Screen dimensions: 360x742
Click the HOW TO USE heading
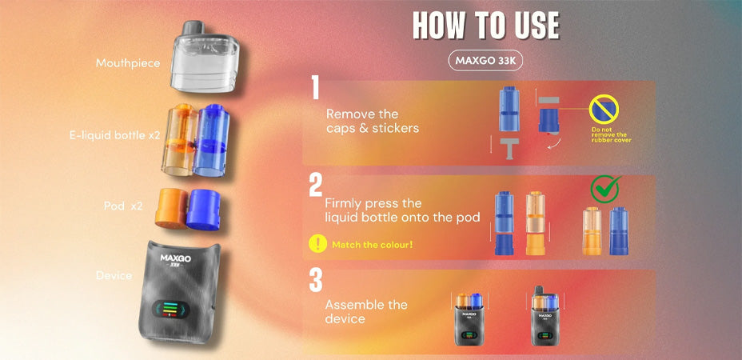(x=485, y=26)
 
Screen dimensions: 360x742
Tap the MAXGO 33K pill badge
(x=485, y=61)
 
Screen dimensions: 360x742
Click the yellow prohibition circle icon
(x=605, y=110)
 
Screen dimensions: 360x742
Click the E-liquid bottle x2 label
(x=114, y=136)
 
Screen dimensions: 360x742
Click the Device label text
(x=114, y=275)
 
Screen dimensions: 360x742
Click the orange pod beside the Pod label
(x=170, y=208)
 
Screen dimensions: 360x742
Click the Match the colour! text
(x=372, y=244)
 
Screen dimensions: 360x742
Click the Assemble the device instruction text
(x=365, y=312)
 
